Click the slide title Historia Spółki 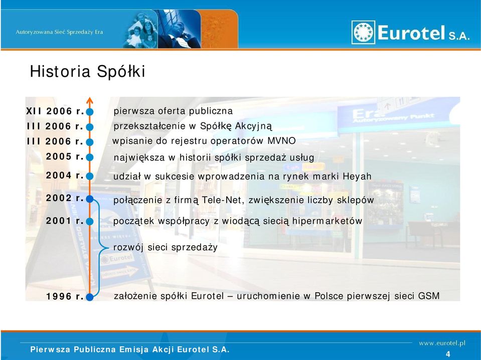(87, 71)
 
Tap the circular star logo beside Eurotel (363, 32)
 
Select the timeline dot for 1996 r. (90, 297)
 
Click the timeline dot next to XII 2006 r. (90, 112)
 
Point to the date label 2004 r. (65, 175)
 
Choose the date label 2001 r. (65, 221)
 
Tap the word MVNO (281, 141)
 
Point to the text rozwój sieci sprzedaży (166, 248)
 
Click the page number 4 (448, 354)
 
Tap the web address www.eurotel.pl (442, 343)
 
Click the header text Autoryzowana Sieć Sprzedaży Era (59, 32)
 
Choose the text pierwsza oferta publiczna (173, 111)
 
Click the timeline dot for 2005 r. (90, 157)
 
